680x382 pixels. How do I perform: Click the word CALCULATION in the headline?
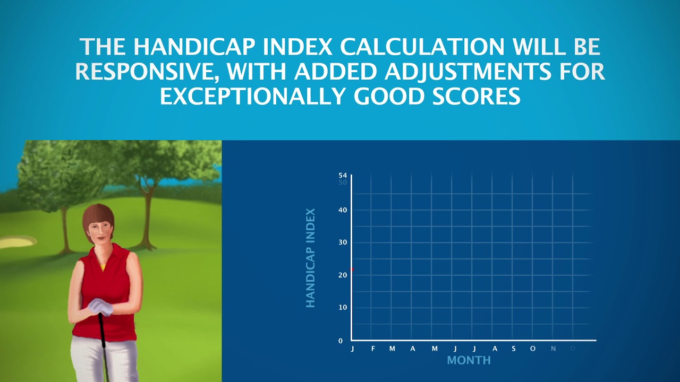coord(422,47)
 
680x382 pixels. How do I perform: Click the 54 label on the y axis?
coord(343,175)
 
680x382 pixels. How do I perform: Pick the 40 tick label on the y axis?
coord(343,210)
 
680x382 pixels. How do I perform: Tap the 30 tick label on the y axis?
coord(343,242)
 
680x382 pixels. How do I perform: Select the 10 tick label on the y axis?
coord(343,308)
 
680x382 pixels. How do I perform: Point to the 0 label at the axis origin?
coord(341,341)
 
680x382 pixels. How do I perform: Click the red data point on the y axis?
coord(352,270)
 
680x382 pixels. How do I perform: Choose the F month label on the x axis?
coord(373,349)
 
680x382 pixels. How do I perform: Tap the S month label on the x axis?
coord(514,349)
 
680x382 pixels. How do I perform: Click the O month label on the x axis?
coord(533,349)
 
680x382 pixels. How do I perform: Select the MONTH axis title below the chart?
coord(469,361)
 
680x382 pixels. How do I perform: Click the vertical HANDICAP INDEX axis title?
coord(311,258)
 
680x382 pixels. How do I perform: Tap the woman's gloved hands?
coord(100,306)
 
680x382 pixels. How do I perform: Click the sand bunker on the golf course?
coord(16,242)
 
